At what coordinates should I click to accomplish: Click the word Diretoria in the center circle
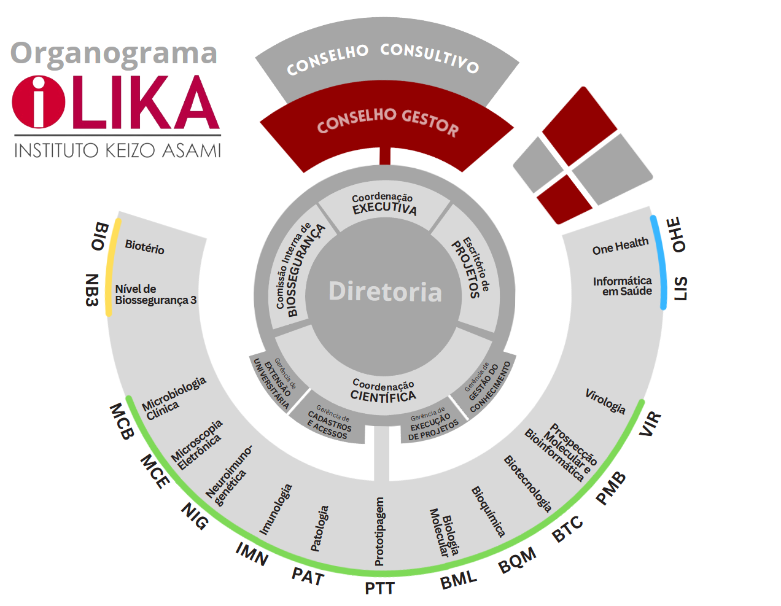click(385, 292)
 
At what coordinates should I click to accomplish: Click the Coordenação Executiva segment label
click(384, 204)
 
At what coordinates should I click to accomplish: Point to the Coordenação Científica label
click(383, 391)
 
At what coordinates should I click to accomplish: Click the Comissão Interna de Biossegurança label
click(299, 270)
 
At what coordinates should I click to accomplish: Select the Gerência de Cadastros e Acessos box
click(330, 422)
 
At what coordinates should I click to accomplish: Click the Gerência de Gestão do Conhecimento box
click(488, 387)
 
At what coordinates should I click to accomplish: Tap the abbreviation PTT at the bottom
click(379, 588)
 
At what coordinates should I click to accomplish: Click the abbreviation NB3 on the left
click(92, 289)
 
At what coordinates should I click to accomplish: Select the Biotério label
click(144, 247)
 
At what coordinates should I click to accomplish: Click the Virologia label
click(605, 401)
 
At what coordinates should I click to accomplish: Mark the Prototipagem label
click(379, 531)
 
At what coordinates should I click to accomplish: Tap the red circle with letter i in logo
click(38, 102)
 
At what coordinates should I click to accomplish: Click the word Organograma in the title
click(114, 54)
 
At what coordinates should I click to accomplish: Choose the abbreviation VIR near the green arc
click(650, 424)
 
